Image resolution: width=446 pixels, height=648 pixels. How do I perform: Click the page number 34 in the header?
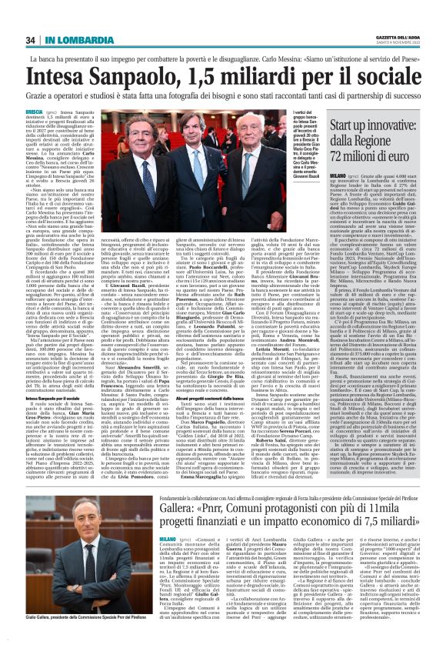tap(31, 40)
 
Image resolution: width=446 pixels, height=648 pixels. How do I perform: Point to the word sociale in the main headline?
tap(382, 78)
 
